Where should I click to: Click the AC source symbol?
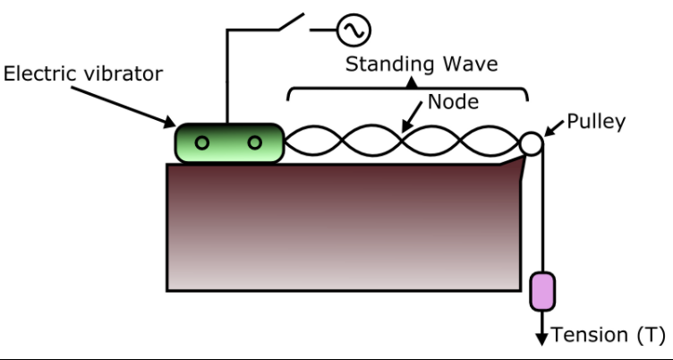(353, 32)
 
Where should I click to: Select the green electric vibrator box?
(229, 143)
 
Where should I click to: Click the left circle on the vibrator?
(203, 142)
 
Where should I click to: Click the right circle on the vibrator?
(255, 142)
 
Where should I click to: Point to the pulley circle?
(532, 143)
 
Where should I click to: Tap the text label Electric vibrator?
(83, 73)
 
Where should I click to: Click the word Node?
(453, 101)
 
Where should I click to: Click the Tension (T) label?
(608, 335)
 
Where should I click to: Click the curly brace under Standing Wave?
(408, 89)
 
